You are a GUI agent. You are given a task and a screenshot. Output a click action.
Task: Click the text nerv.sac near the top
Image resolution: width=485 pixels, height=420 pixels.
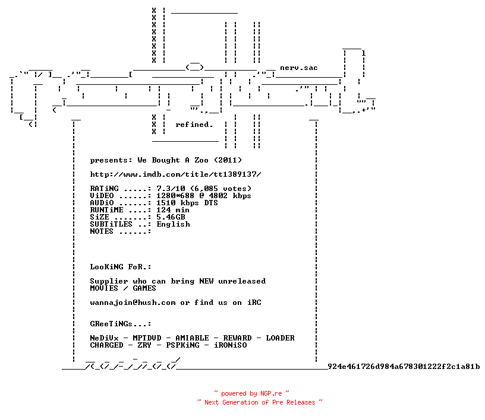click(299, 68)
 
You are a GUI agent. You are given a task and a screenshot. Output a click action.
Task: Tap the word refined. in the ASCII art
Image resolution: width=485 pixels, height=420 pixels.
click(194, 125)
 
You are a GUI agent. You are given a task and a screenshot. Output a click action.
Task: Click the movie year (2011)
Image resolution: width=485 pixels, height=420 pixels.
click(228, 160)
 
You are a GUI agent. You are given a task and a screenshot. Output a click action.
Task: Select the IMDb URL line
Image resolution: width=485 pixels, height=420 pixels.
click(176, 174)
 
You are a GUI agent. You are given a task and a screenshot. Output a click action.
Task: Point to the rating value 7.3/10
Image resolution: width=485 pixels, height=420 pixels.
click(171, 189)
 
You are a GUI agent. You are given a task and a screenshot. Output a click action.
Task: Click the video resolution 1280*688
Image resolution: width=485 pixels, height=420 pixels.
click(175, 196)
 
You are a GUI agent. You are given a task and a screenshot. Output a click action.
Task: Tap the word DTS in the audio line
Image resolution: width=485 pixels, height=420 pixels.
click(211, 203)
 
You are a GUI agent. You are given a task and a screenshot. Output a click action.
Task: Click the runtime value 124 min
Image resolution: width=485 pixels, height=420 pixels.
click(173, 210)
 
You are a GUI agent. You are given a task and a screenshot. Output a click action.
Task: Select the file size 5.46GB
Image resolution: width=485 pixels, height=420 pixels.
click(171, 217)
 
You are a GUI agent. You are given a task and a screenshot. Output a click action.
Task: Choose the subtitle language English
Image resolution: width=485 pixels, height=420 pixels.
click(173, 224)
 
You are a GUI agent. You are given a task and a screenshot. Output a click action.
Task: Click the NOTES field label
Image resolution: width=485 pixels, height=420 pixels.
click(102, 231)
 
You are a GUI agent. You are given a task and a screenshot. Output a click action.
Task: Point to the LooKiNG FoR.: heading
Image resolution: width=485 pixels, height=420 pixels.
click(121, 267)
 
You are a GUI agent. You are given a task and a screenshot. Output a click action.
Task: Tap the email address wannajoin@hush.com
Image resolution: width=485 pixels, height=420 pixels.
click(133, 303)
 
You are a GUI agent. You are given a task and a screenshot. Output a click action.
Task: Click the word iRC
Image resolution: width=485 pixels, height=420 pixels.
click(254, 303)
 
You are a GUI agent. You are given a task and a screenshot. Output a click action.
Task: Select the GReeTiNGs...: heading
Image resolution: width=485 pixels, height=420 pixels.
click(121, 324)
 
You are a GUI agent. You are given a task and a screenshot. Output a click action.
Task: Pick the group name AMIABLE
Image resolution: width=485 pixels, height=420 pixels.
click(193, 338)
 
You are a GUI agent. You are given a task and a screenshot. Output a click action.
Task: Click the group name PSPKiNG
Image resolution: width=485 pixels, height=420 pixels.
click(183, 345)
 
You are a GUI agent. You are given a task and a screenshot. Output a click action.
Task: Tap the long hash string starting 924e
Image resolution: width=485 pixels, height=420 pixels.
click(404, 367)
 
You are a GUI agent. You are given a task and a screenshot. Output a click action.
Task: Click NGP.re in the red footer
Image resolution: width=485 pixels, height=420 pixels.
click(271, 393)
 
